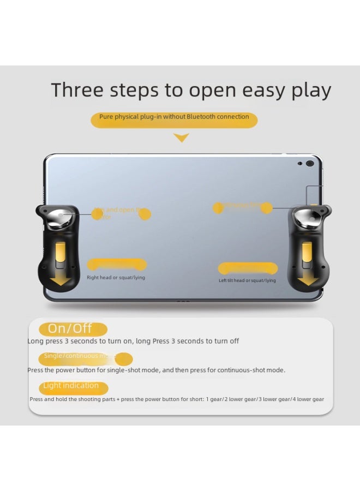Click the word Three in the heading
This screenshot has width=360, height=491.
(x=76, y=90)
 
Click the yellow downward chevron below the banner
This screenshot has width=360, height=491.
(x=181, y=138)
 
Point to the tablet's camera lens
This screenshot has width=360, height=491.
(x=310, y=163)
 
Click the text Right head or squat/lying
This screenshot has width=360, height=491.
(x=116, y=278)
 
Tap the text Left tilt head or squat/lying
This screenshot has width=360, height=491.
(x=247, y=280)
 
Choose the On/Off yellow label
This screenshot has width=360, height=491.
(x=70, y=329)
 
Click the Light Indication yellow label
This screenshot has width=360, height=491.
(x=71, y=386)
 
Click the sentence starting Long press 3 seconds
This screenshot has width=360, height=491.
(x=133, y=341)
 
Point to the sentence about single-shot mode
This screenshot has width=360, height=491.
(x=156, y=370)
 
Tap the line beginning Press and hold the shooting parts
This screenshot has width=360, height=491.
(x=177, y=399)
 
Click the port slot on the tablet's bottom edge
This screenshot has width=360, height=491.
(x=183, y=301)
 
